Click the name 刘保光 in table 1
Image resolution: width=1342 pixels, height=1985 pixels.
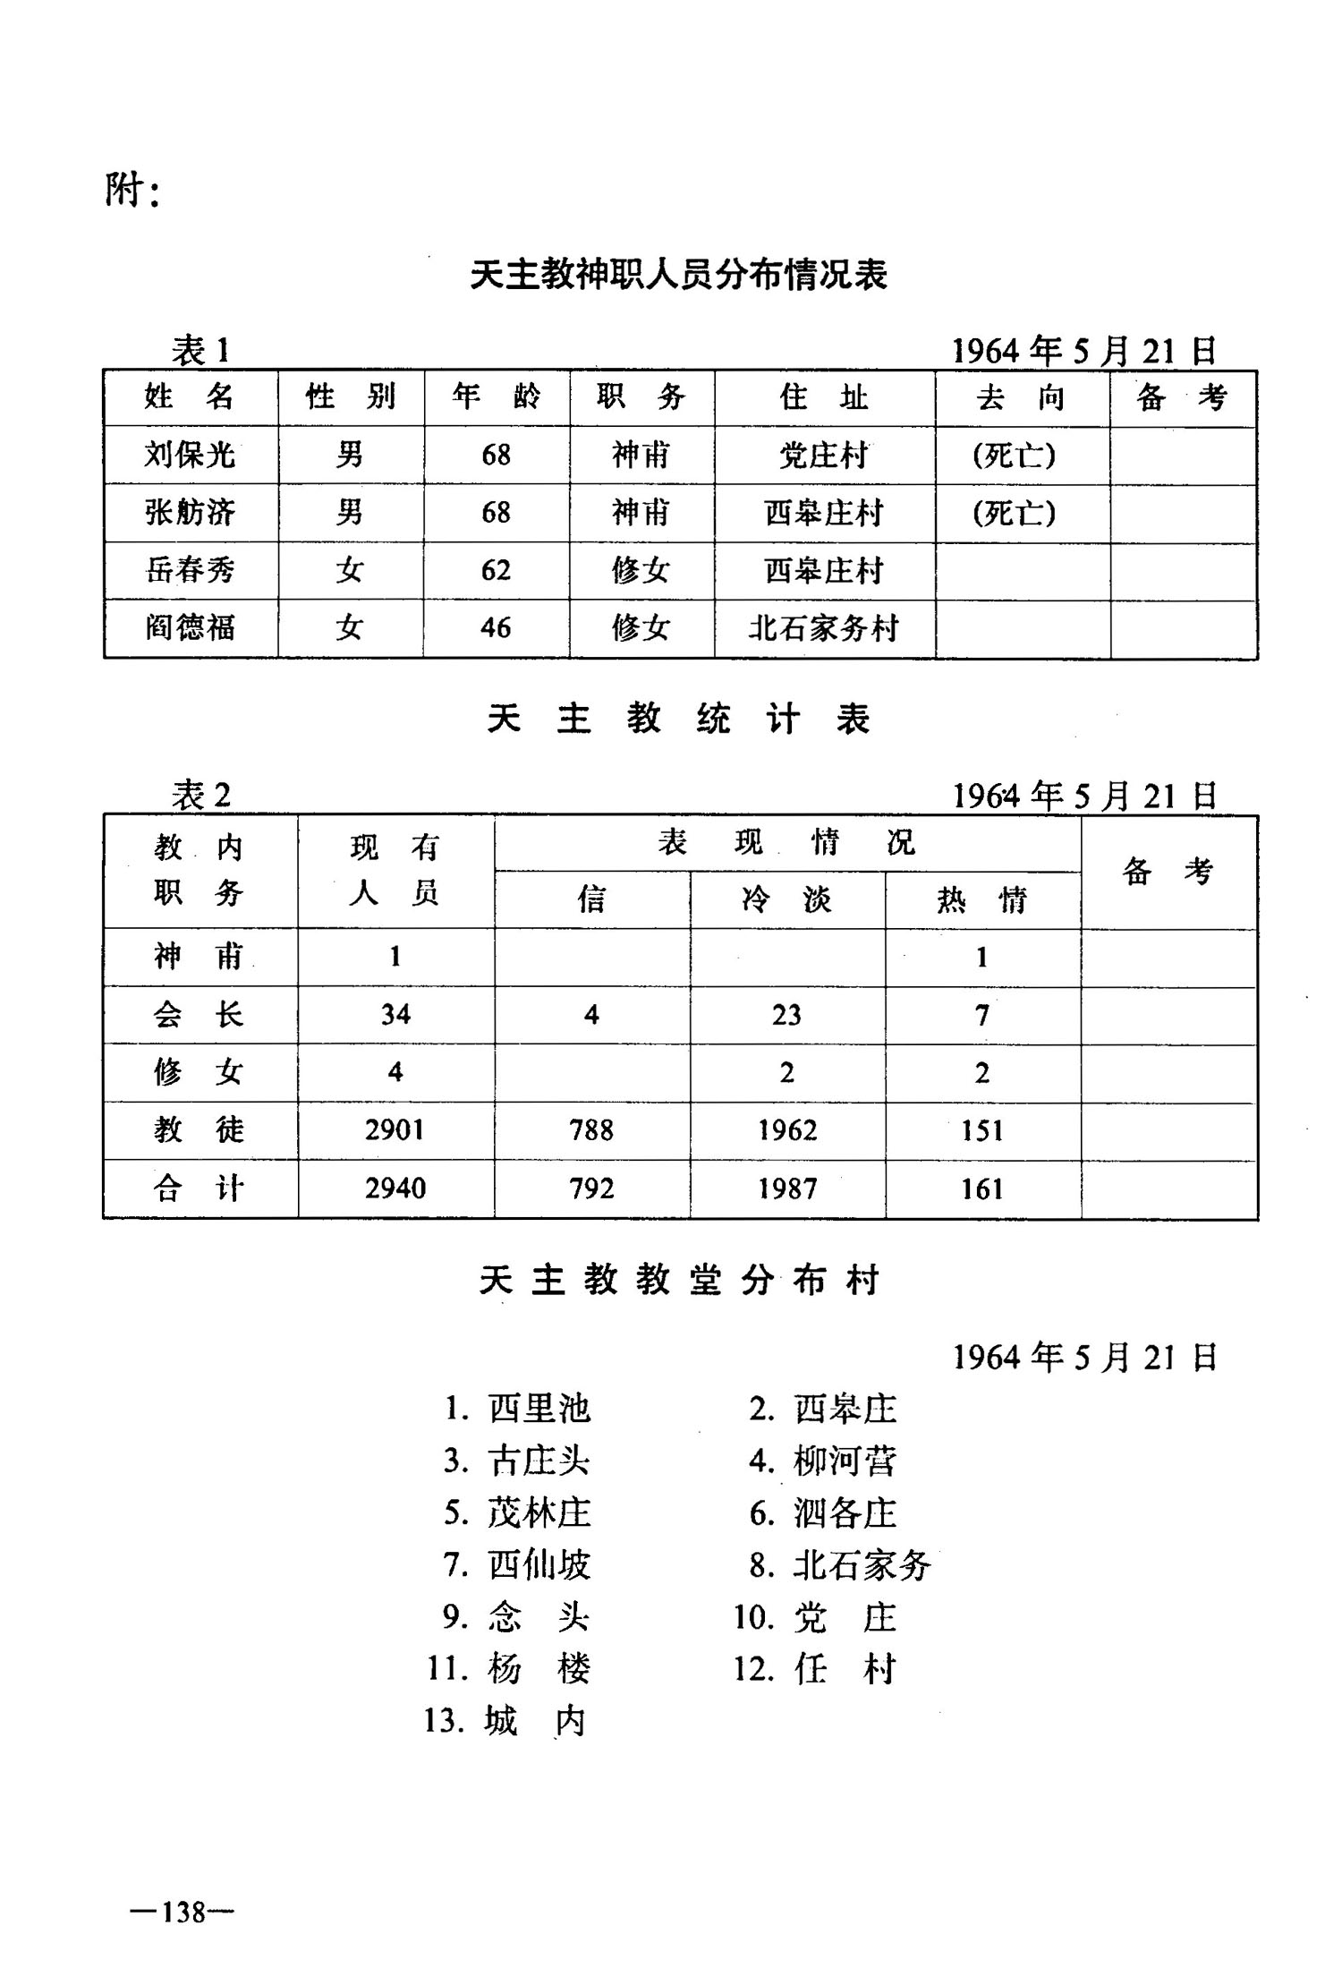coord(190,455)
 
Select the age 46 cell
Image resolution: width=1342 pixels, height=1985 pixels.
coord(496,627)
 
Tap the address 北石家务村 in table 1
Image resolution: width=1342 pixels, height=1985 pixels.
coord(823,628)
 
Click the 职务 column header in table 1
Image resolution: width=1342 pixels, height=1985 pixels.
coord(641,396)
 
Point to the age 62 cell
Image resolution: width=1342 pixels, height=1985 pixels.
coord(496,570)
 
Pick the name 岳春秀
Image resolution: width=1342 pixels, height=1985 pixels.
coord(190,570)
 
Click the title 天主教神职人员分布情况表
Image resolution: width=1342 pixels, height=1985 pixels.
coord(678,275)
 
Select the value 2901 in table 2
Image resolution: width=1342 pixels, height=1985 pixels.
coord(395,1130)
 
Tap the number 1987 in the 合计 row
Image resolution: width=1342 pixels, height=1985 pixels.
coord(786,1188)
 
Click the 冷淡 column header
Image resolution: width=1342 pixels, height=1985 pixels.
coord(786,899)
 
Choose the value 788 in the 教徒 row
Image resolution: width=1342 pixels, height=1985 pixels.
coord(591,1130)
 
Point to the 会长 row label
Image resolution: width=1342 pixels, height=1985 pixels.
coord(198,1015)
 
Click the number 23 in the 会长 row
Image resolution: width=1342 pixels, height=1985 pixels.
coord(786,1015)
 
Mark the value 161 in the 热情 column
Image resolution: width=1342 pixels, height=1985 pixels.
coord(981,1188)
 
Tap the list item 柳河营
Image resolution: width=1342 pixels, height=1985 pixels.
coord(844,1461)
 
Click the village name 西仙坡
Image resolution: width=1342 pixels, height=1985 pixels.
coord(539,1565)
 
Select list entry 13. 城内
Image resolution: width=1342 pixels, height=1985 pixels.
coord(505,1721)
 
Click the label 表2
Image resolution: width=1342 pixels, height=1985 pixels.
coord(201,795)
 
